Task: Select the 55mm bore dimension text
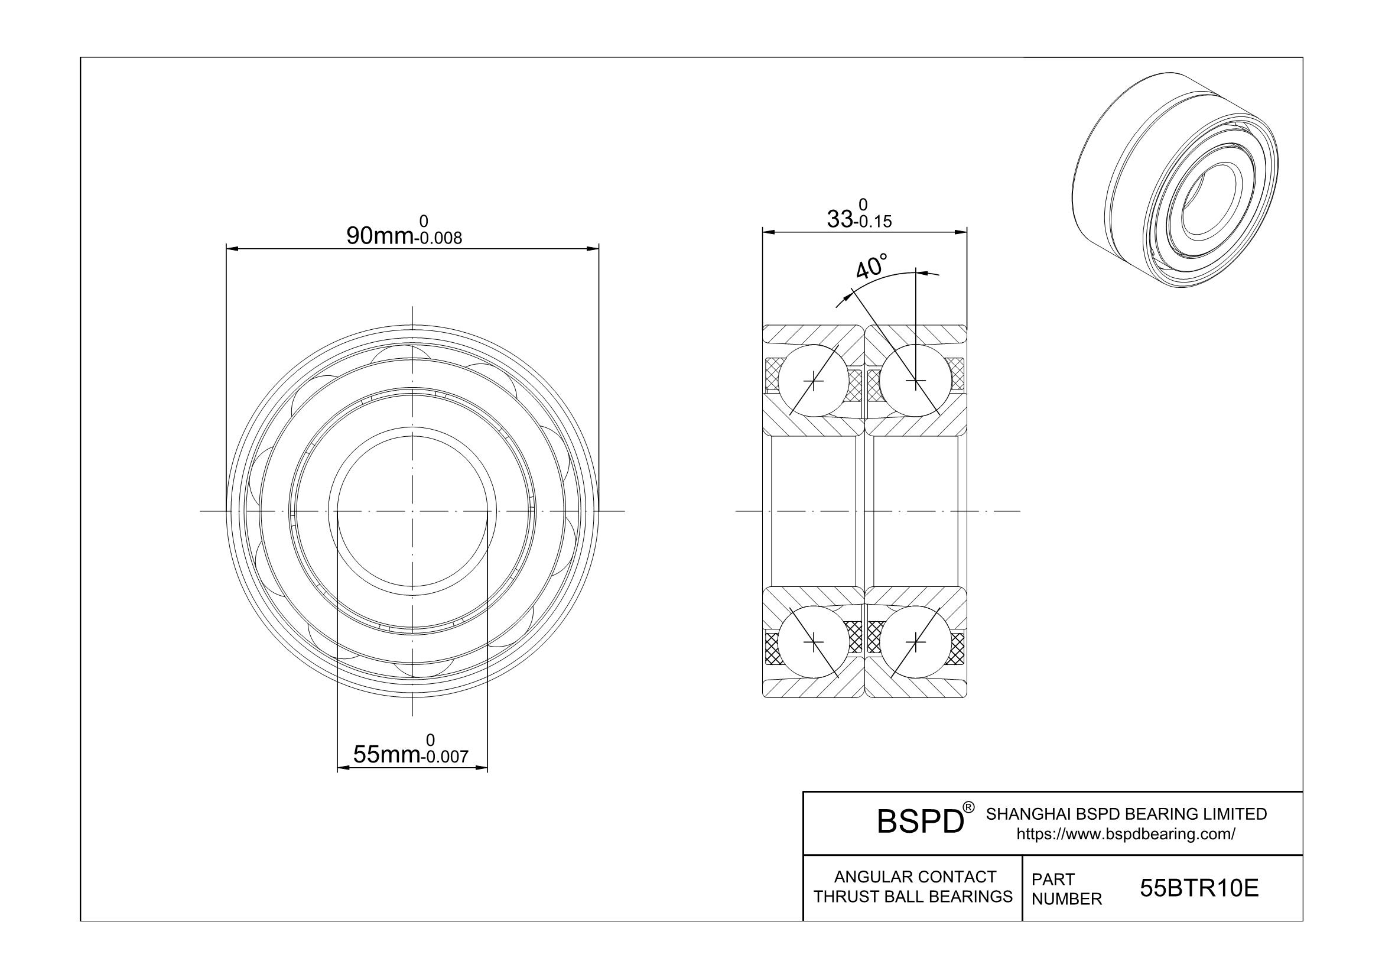[386, 754]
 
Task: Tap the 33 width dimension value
[840, 219]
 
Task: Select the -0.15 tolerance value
[872, 222]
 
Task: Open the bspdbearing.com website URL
[1126, 834]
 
